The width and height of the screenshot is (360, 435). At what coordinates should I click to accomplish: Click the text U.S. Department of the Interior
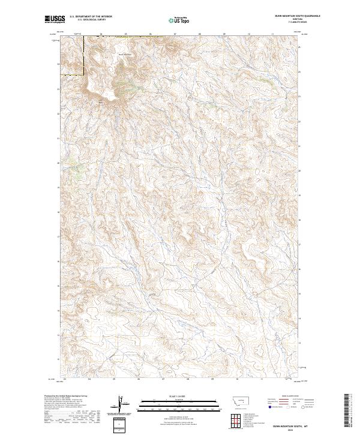[x=90, y=17]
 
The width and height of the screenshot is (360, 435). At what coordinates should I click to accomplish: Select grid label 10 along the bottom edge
[x=238, y=379]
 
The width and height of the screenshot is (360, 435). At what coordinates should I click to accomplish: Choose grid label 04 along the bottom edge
[x=89, y=379]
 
